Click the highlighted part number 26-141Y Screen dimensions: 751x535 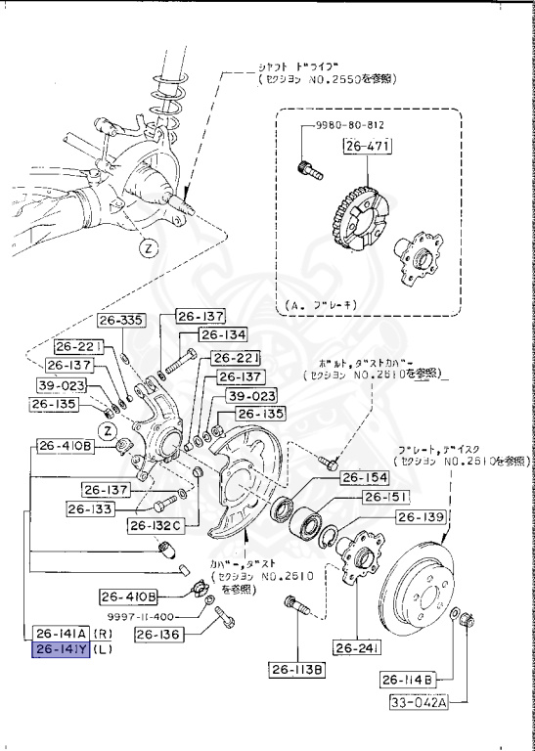click(61, 649)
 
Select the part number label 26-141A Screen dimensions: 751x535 click(61, 632)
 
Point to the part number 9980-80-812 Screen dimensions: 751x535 click(350, 126)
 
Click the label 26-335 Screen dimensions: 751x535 click(121, 320)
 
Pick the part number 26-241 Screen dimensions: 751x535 click(356, 647)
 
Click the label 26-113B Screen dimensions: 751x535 click(297, 670)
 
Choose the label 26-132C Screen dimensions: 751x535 click(155, 526)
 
